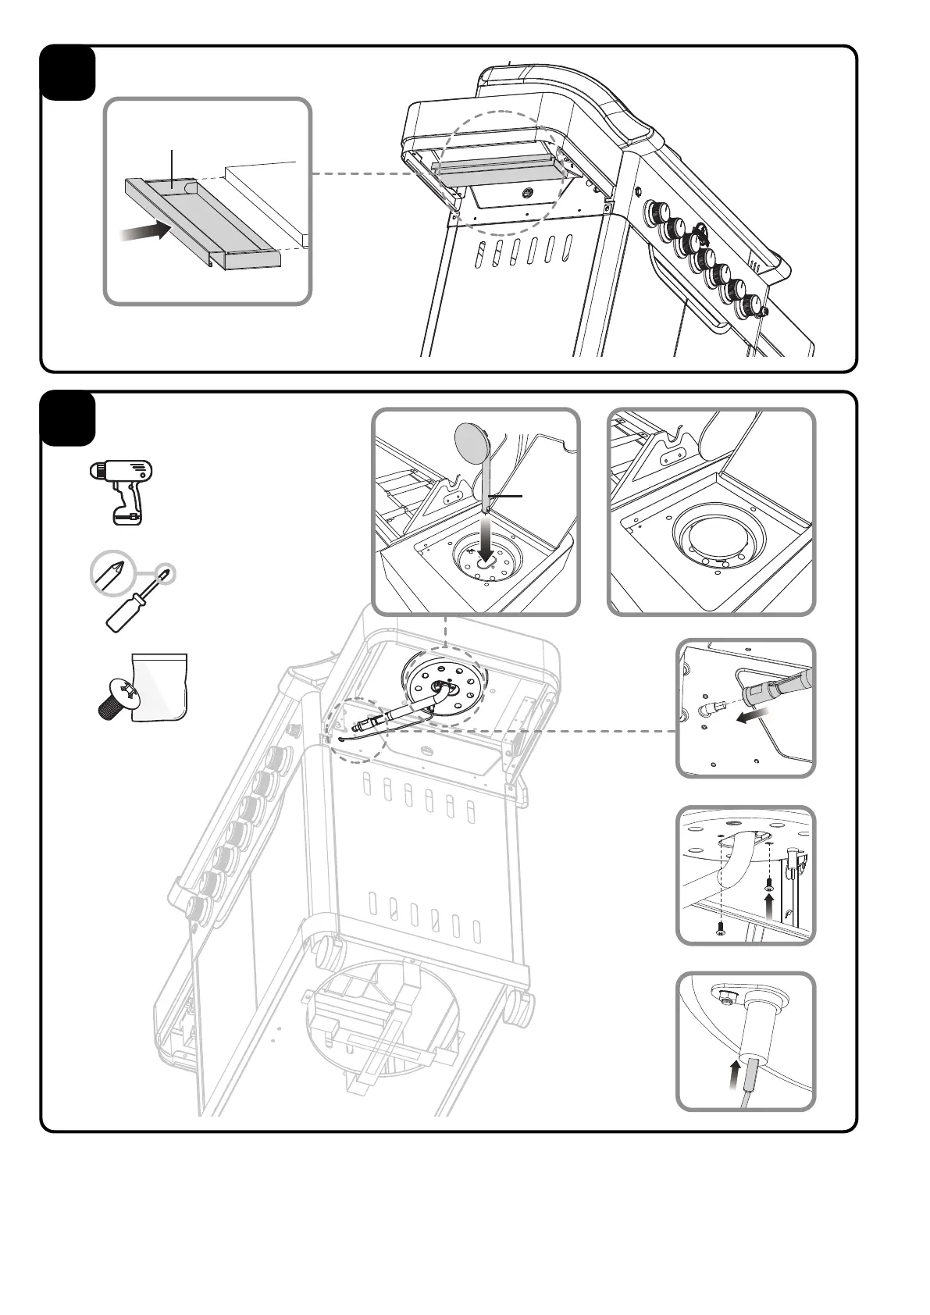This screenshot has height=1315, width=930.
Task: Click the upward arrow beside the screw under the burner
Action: point(769,906)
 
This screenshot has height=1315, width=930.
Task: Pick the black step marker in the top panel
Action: point(68,73)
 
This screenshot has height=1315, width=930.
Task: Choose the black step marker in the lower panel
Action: point(68,419)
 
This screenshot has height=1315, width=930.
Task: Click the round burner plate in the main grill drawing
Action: point(444,688)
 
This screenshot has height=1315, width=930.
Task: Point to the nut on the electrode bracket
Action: point(725,996)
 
